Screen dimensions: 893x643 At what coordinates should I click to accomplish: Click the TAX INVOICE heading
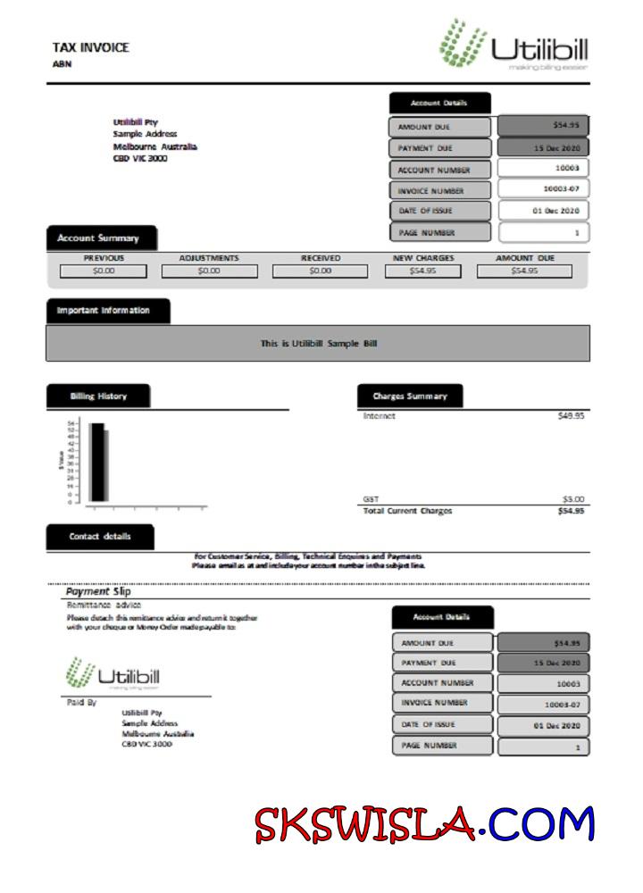pos(90,47)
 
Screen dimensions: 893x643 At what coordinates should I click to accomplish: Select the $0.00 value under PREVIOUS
pos(104,271)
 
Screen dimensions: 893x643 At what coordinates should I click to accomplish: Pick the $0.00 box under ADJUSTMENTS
pos(209,271)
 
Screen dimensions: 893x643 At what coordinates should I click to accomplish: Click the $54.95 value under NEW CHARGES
pos(423,271)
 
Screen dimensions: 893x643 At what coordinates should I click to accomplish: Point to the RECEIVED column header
pos(320,258)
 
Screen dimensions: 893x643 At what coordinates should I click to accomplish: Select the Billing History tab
pos(98,396)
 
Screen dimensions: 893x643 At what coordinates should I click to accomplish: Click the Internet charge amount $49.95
pos(571,416)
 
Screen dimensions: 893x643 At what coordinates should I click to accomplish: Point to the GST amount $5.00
pos(572,499)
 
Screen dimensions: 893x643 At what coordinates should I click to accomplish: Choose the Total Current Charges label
pos(407,511)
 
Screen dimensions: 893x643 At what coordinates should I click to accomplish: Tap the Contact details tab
pos(100,537)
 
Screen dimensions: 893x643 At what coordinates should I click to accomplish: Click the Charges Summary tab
pos(410,396)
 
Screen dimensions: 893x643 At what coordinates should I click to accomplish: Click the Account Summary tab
pos(98,238)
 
